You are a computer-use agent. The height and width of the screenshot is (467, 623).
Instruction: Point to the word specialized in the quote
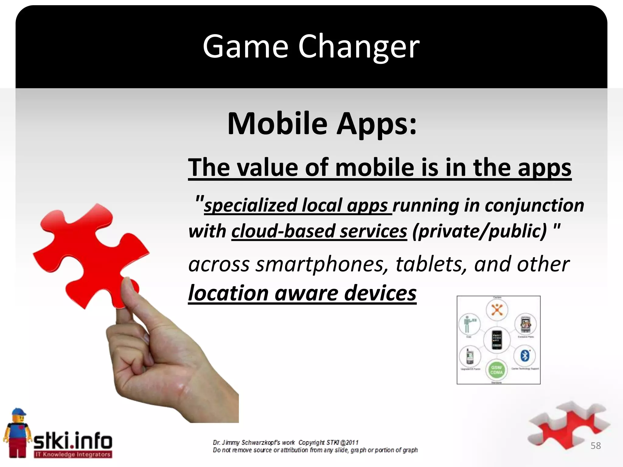[250, 205]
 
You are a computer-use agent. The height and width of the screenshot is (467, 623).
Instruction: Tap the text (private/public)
[479, 231]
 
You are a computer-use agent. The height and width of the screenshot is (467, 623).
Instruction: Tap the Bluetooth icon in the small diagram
[525, 355]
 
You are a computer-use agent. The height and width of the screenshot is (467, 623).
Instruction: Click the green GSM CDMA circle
[496, 370]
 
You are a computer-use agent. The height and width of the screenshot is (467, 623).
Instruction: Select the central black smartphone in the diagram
[497, 339]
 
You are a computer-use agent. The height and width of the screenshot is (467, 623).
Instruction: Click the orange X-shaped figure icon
[497, 310]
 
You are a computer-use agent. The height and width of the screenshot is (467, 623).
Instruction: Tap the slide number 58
[595, 446]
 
